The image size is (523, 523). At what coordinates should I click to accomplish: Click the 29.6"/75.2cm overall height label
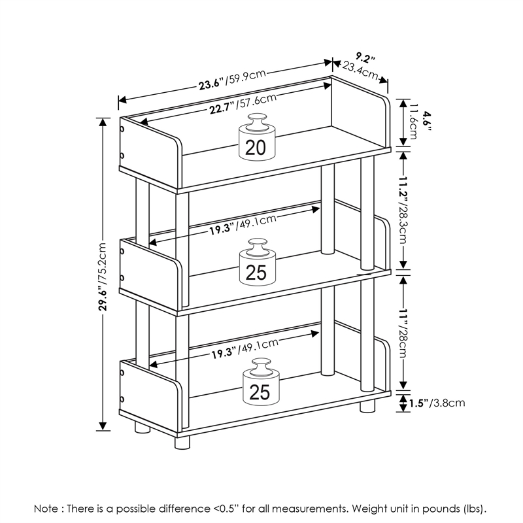pyautogui.click(x=101, y=274)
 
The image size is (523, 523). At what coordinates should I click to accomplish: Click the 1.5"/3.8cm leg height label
pyautogui.click(x=433, y=403)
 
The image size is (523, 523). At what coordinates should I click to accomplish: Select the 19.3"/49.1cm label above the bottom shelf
pyautogui.click(x=245, y=350)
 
